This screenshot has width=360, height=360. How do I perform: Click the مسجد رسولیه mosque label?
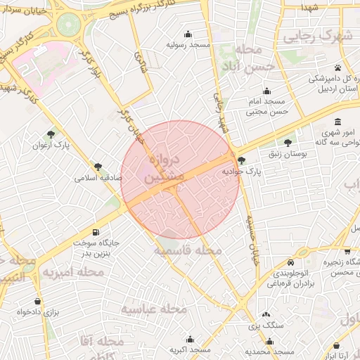coord(188,44)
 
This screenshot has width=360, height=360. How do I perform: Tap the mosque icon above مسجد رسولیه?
coord(188,34)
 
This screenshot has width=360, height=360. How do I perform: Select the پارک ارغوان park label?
coord(50,146)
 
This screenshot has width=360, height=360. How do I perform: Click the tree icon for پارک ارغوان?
coord(51,134)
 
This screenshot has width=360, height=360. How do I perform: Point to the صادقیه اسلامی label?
coord(99,179)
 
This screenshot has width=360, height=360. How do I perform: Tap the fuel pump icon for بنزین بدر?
coord(95,233)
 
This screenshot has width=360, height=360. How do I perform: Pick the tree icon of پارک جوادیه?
coord(241,160)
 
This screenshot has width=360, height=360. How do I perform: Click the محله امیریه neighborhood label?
coord(71,271)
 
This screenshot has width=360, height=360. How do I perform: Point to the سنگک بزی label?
coord(265,326)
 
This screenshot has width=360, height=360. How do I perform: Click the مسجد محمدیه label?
coord(269,350)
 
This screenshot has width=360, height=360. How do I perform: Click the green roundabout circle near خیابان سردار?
coord(67,25)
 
